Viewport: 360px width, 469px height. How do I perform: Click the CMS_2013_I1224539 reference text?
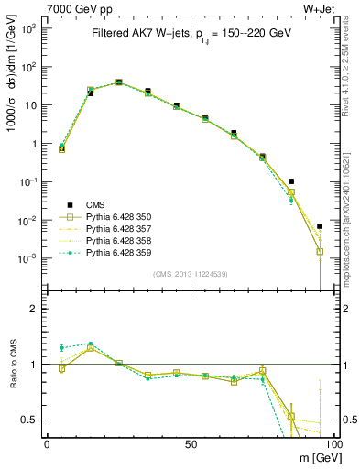coord(190,273)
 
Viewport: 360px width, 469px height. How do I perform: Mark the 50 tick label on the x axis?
coord(190,443)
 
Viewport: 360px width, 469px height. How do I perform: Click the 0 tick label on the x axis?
coord(46,443)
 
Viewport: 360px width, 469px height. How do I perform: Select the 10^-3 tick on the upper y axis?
coord(30,258)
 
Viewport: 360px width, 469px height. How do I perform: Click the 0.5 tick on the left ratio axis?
coord(30,420)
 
